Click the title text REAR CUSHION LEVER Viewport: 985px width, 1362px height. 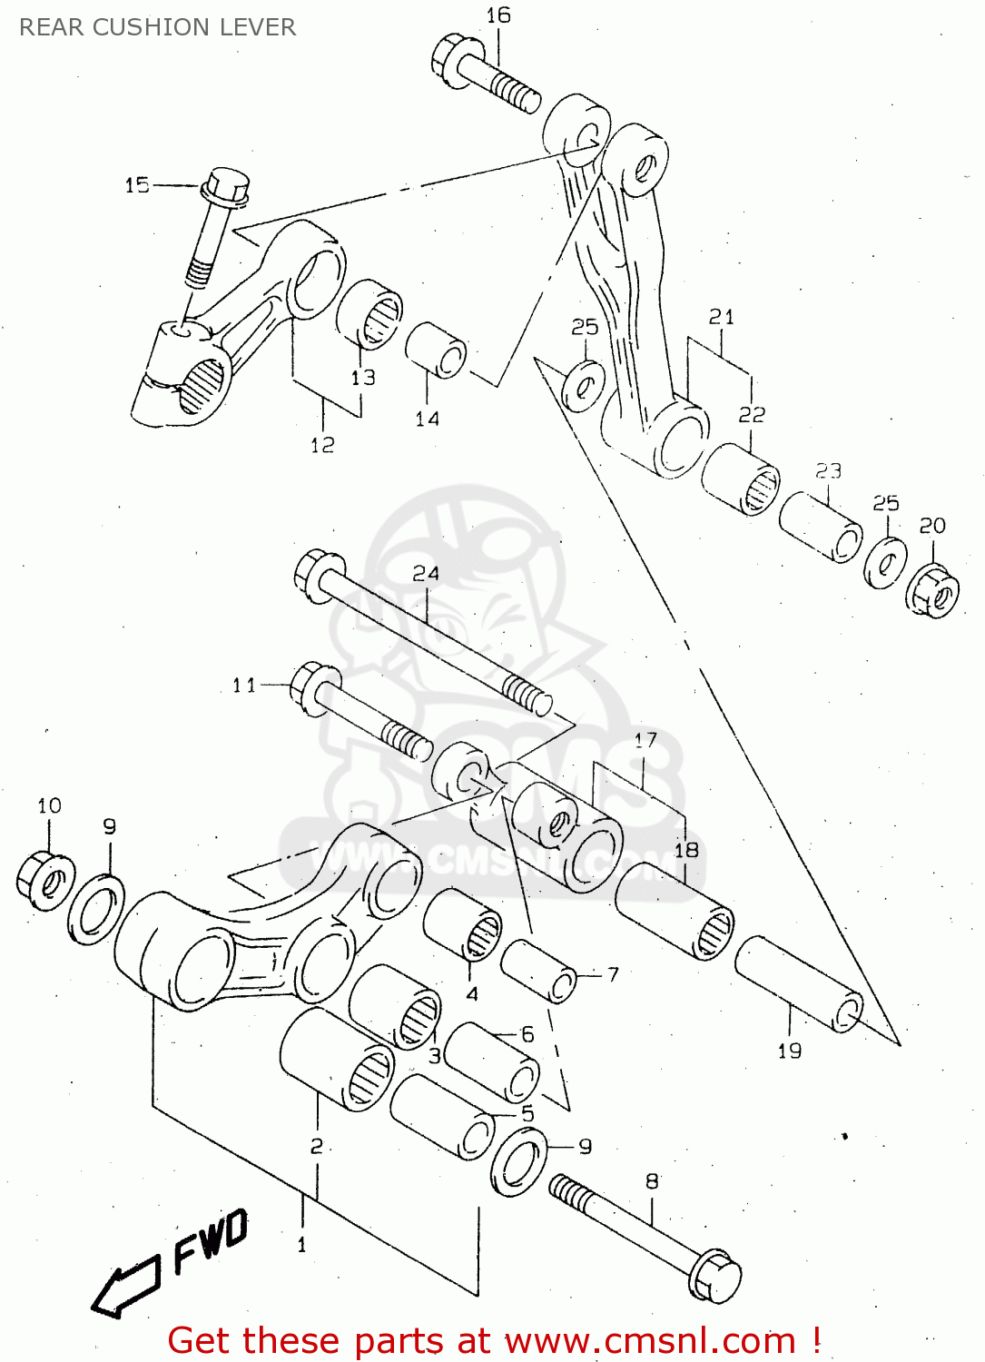pyautogui.click(x=157, y=27)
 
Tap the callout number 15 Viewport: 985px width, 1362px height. pyautogui.click(x=137, y=185)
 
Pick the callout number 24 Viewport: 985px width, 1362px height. pyautogui.click(x=426, y=574)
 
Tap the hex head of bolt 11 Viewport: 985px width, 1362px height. pyautogui.click(x=315, y=688)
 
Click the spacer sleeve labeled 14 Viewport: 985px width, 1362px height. pyautogui.click(x=436, y=350)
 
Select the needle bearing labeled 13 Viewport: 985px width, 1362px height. pyautogui.click(x=369, y=314)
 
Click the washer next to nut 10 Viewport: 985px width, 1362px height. pyautogui.click(x=96, y=909)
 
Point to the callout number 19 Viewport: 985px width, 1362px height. pyautogui.click(x=790, y=1051)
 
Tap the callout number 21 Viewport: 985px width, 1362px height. pyautogui.click(x=722, y=317)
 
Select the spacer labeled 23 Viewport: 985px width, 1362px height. pyautogui.click(x=821, y=527)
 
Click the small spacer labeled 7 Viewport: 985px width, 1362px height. pyautogui.click(x=539, y=970)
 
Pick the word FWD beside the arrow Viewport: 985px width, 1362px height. pyautogui.click(x=211, y=1240)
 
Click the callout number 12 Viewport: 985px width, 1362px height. pyautogui.click(x=322, y=445)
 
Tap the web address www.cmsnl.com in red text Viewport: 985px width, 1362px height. pyautogui.click(x=649, y=1341)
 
